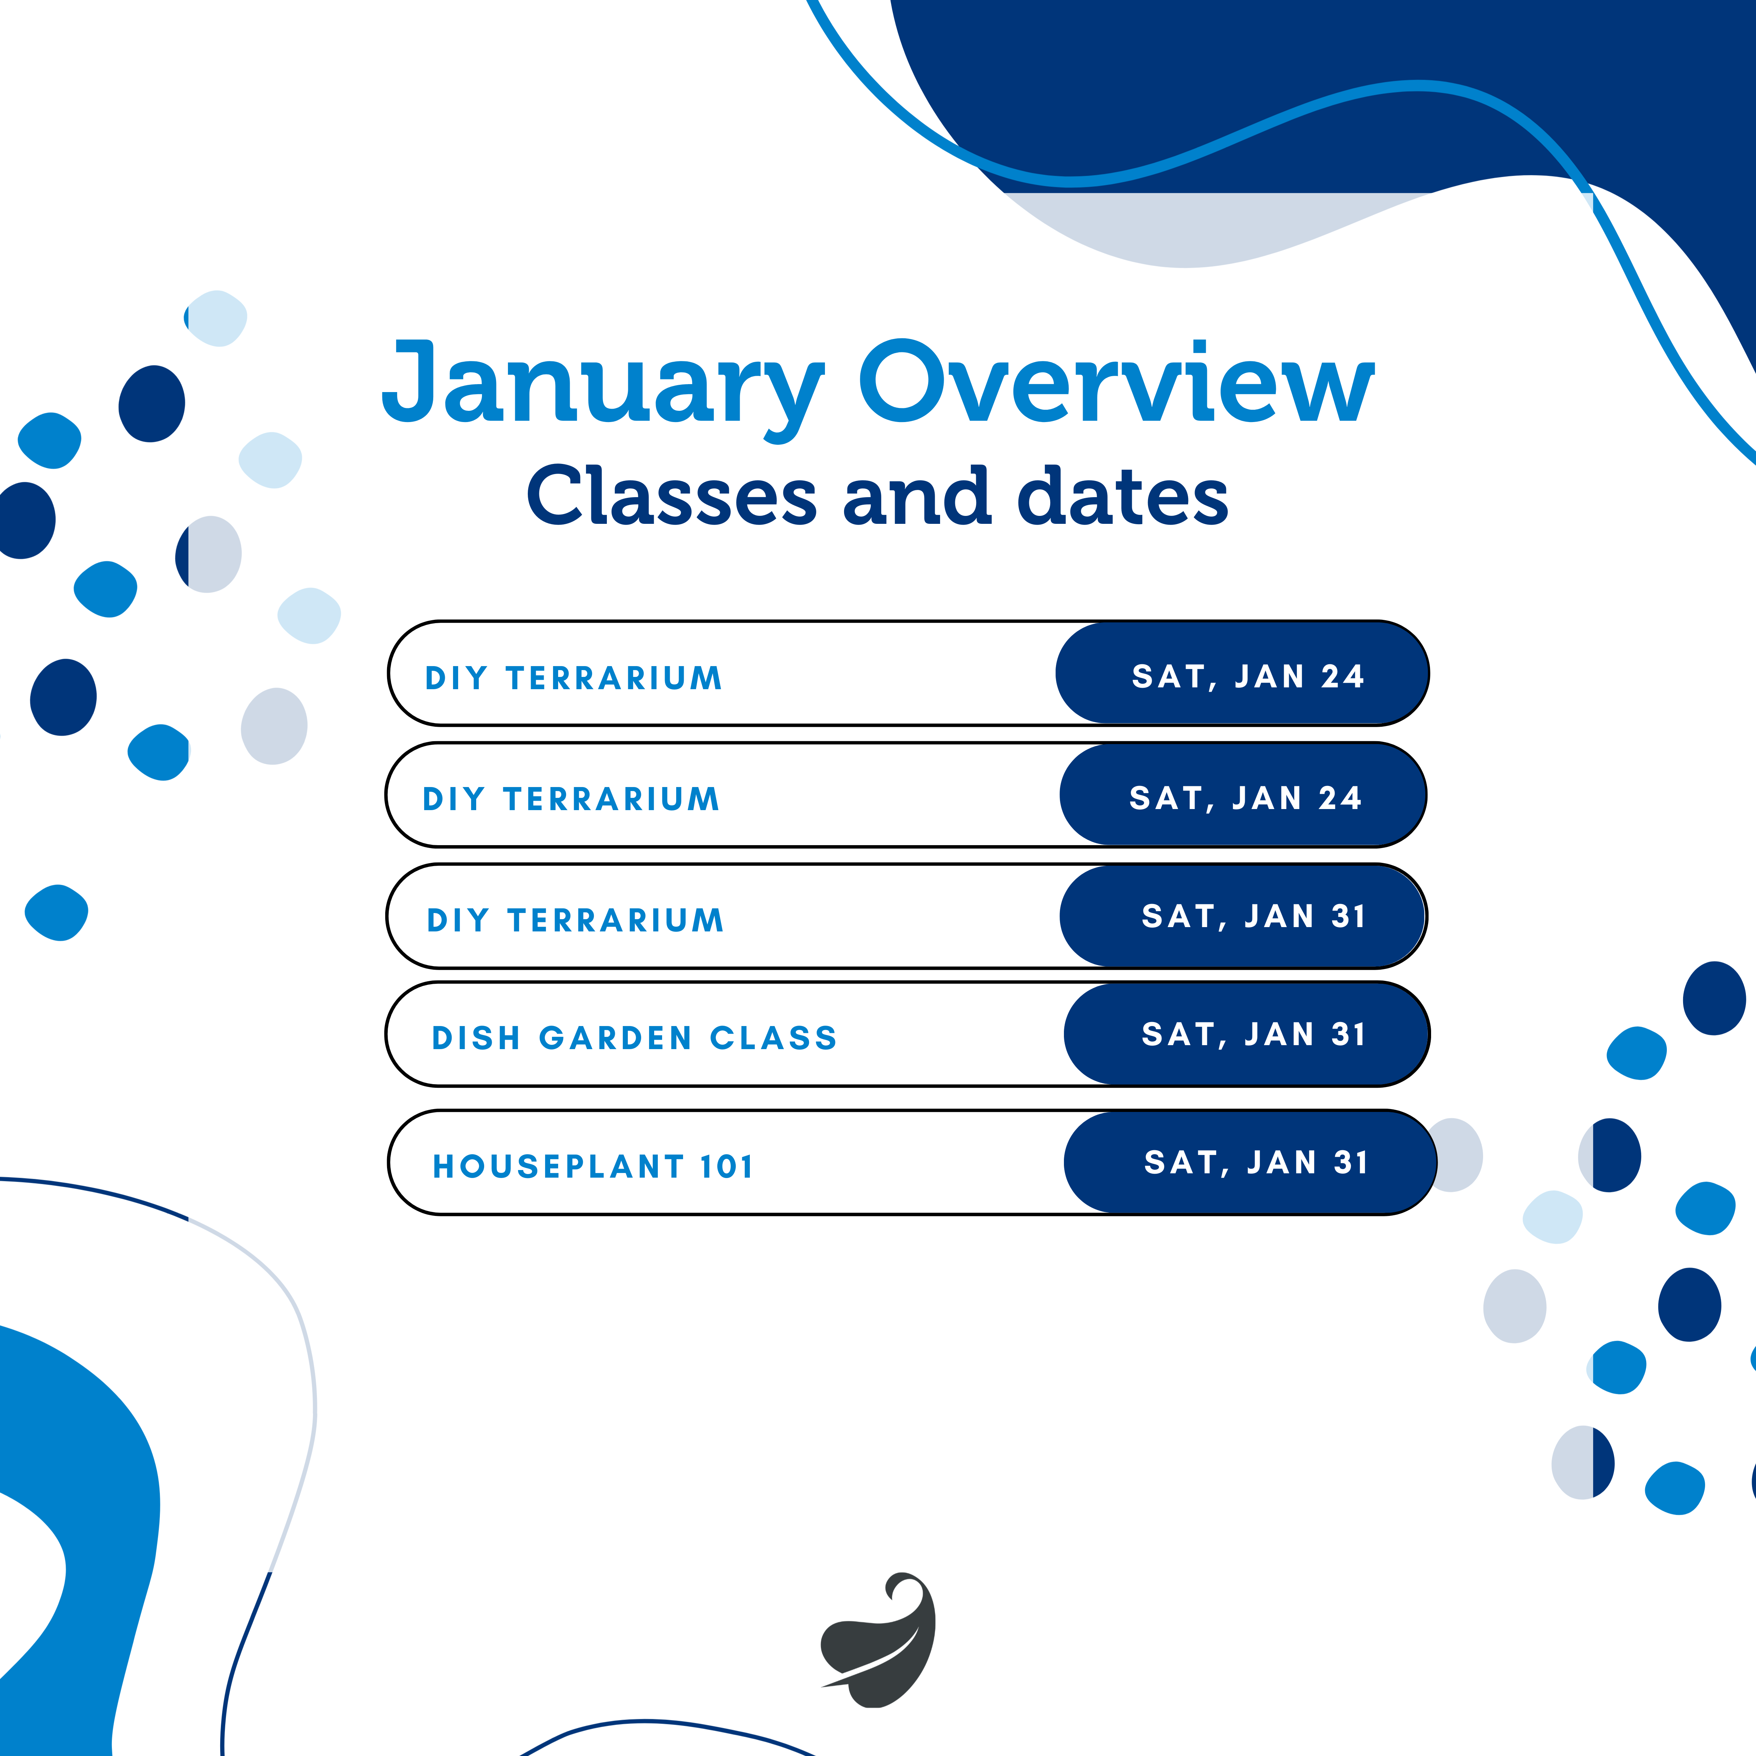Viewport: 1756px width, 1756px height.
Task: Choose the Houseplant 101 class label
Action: [x=592, y=1166]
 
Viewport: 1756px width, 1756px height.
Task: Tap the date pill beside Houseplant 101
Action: [x=1249, y=1162]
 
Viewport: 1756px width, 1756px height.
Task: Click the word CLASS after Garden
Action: [x=773, y=1038]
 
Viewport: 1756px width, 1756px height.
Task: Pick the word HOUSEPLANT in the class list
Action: [x=558, y=1166]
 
